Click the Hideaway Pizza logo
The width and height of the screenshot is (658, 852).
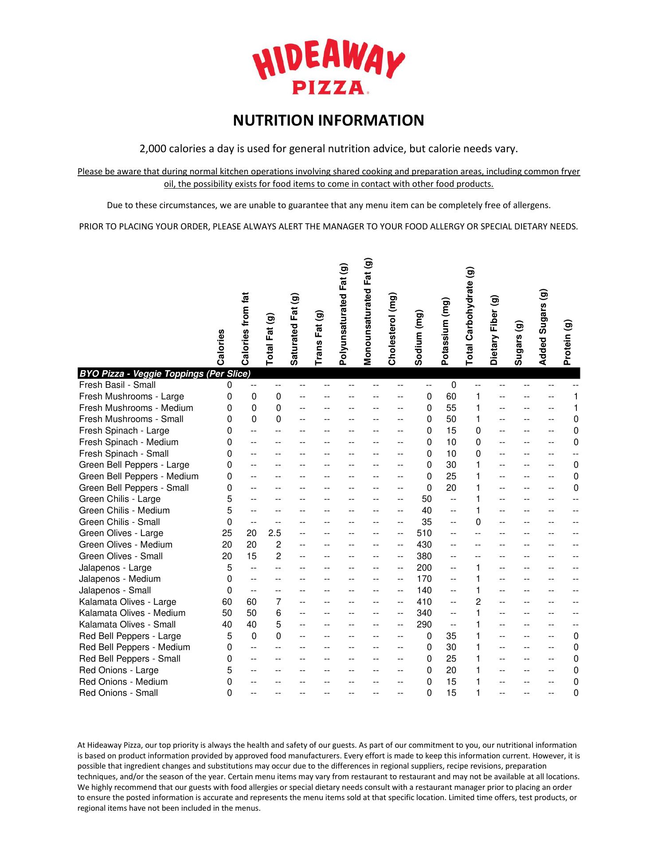click(x=329, y=67)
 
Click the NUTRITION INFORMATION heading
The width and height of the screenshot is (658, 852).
click(x=329, y=121)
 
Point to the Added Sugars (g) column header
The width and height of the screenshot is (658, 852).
click(x=543, y=327)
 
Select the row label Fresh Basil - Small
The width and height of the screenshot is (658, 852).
click(x=117, y=385)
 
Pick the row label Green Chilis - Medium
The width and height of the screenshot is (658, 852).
click(x=124, y=511)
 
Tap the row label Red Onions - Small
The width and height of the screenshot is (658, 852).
click(x=118, y=693)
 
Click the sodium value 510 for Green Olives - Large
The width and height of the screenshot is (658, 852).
click(x=424, y=533)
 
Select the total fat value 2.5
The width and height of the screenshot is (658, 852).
click(x=275, y=533)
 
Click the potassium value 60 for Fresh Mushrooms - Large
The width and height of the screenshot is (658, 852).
click(x=451, y=397)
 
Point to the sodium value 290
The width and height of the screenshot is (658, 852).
click(x=424, y=625)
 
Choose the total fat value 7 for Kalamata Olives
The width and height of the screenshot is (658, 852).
click(x=278, y=602)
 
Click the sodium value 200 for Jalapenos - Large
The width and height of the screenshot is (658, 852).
click(x=424, y=568)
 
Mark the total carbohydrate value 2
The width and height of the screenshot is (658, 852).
click(x=478, y=602)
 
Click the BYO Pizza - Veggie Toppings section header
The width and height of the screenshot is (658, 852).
click(x=165, y=374)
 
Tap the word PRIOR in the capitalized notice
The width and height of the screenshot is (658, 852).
click(x=91, y=227)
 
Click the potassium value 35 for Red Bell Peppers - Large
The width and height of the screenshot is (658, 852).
click(x=451, y=636)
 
